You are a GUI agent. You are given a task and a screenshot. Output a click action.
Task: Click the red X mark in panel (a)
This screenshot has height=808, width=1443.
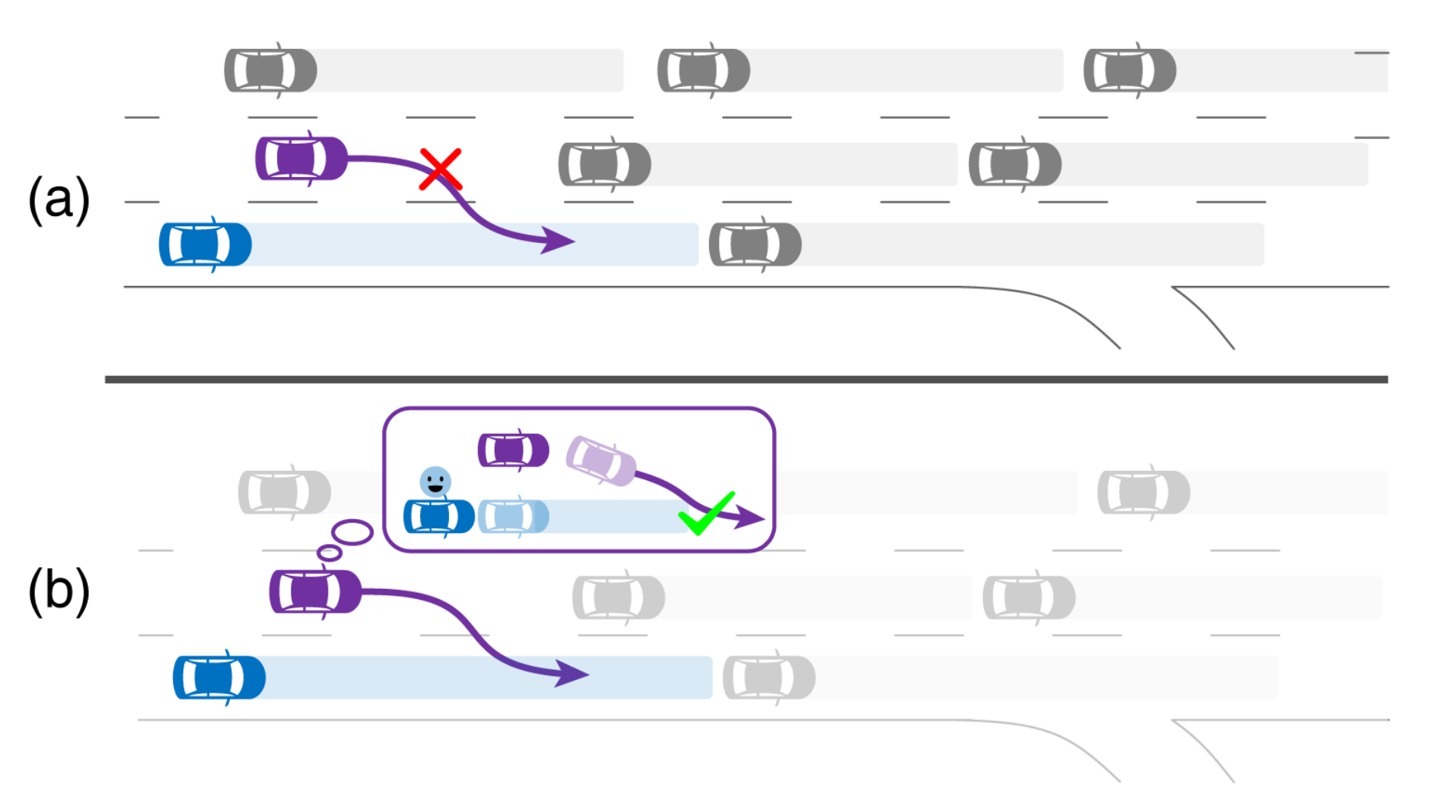(440, 169)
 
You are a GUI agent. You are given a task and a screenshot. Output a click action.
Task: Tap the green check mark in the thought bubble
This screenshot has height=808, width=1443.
(706, 513)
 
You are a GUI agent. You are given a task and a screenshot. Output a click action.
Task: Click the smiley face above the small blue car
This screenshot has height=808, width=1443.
(435, 482)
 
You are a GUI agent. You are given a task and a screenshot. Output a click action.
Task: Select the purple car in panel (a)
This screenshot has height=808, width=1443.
(301, 158)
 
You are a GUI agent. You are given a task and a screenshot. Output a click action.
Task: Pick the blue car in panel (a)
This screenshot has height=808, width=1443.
(205, 245)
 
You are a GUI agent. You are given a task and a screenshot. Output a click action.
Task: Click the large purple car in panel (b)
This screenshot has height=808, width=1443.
(315, 591)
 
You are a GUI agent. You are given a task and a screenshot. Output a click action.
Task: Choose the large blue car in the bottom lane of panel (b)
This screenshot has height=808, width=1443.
(219, 677)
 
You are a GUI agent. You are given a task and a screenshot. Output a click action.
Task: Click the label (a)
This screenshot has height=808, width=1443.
(59, 199)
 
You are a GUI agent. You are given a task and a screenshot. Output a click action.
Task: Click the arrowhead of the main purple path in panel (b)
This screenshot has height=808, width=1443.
(572, 673)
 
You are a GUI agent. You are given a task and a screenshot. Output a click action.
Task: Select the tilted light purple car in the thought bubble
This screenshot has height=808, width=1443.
(601, 461)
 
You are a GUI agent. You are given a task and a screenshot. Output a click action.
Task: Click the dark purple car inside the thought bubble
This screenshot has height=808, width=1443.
(513, 450)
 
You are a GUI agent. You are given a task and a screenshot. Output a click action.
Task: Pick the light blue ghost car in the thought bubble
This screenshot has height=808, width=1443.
(513, 516)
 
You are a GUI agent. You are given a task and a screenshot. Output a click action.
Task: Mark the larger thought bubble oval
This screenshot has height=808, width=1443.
(353, 532)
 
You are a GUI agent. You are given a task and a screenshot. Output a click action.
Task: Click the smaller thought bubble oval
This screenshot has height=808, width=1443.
(329, 553)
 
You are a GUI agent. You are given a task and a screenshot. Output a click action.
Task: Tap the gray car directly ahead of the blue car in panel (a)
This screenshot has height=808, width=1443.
(755, 245)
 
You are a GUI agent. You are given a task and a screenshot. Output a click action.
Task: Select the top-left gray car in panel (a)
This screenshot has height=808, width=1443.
(270, 71)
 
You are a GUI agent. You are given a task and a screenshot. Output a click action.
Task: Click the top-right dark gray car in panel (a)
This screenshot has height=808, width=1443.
(1130, 71)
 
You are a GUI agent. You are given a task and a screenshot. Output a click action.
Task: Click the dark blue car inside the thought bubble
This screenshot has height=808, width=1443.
(439, 517)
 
